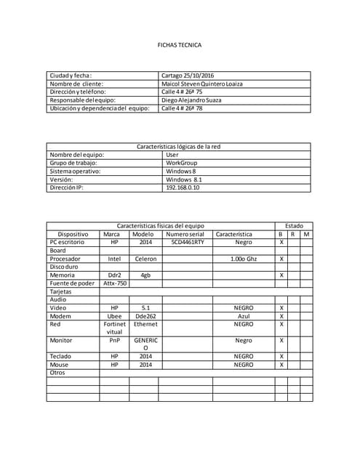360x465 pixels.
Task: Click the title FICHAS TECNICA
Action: point(180,45)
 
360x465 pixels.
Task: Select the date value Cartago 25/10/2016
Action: point(188,76)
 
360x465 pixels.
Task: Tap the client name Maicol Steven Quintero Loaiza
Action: point(202,84)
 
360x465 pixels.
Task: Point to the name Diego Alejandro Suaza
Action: point(191,100)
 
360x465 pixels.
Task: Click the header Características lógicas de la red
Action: point(179,147)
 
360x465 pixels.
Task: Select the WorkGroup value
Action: point(182,163)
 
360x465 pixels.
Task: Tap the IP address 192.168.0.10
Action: point(183,187)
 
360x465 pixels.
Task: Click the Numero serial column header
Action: point(186,234)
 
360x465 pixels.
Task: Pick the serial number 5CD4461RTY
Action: point(188,242)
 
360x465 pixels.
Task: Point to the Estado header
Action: point(295,226)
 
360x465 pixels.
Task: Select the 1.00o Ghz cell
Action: point(244,259)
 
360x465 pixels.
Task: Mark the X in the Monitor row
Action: point(281,340)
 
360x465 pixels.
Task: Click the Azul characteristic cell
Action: point(244,316)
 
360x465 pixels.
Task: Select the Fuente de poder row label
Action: point(72,283)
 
